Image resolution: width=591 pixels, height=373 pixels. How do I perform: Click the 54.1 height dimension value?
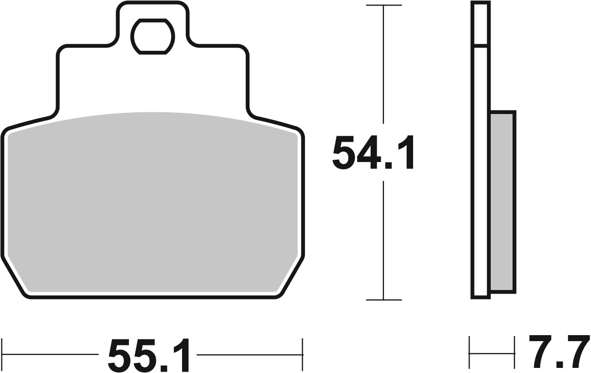pyautogui.click(x=373, y=153)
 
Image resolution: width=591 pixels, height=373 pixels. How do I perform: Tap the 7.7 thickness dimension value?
pyautogui.click(x=558, y=353)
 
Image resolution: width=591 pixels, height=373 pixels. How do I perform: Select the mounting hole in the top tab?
pyautogui.click(x=152, y=36)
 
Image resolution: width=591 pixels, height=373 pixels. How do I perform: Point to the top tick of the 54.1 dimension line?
pyautogui.click(x=384, y=5)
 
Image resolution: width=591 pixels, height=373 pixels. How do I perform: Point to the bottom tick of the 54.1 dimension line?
pyautogui.click(x=384, y=300)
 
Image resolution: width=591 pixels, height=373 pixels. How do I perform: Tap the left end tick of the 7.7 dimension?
pyautogui.click(x=470, y=354)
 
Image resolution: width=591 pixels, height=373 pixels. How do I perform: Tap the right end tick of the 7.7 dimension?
pyautogui.click(x=515, y=354)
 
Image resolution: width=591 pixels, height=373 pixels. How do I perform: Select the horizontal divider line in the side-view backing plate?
pyautogui.click(x=480, y=46)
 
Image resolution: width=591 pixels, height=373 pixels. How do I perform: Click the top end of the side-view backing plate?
pyautogui.click(x=480, y=3)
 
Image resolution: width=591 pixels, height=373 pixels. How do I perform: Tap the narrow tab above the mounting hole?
pyautogui.click(x=152, y=9)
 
